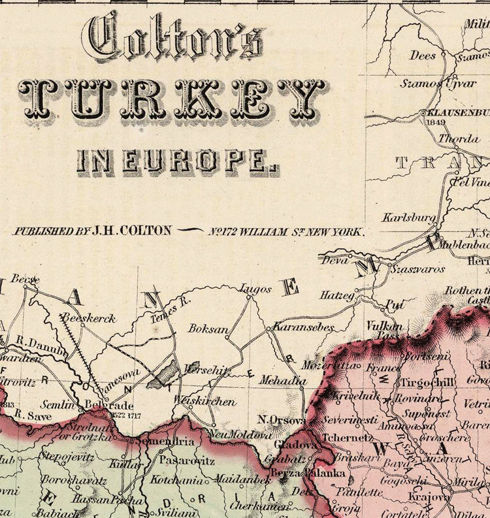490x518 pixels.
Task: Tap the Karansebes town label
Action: (x=303, y=327)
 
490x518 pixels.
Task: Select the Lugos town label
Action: (x=255, y=289)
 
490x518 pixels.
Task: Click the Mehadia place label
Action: (x=282, y=380)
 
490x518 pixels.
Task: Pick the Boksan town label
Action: (x=207, y=329)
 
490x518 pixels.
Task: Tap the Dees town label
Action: (x=423, y=56)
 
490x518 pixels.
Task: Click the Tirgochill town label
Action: (x=429, y=382)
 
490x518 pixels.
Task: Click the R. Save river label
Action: (x=29, y=414)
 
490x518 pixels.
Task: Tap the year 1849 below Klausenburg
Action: (x=434, y=121)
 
